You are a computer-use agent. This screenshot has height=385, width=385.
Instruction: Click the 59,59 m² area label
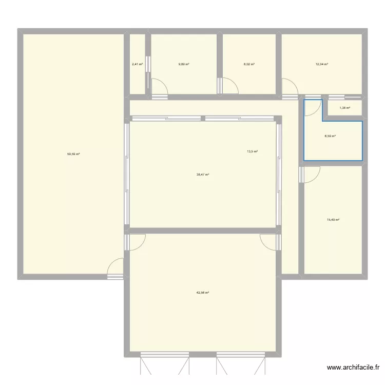coord(73,153)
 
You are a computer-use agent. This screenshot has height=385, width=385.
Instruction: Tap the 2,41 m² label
coord(137,64)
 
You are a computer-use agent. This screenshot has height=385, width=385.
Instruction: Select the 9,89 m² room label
coord(184,64)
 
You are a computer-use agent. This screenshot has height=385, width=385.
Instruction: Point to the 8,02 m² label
coord(249,64)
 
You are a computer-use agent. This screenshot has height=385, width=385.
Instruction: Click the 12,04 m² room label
coord(322,64)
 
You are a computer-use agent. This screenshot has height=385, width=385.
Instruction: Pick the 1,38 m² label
coord(345,108)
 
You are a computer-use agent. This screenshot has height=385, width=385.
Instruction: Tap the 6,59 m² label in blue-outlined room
coord(330,136)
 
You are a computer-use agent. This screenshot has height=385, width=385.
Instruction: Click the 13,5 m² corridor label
coord(252,151)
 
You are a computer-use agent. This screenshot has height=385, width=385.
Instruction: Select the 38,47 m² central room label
coord(202,175)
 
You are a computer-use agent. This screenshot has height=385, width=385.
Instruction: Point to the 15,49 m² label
coord(334,220)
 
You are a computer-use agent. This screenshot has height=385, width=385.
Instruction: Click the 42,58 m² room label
coord(202,293)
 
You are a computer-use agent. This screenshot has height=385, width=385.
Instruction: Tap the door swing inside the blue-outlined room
coord(312,107)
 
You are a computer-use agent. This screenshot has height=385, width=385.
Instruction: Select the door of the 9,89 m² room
coord(160,88)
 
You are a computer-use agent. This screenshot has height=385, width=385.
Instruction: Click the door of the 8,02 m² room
coord(229,87)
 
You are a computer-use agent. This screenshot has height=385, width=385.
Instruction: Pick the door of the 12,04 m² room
coord(290,87)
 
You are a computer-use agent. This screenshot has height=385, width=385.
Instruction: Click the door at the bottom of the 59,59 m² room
coord(115,267)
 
